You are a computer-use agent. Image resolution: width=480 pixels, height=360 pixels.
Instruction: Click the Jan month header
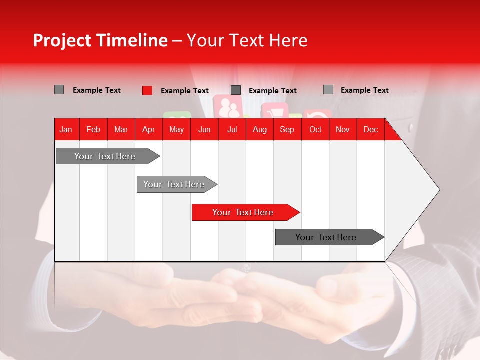point(66,130)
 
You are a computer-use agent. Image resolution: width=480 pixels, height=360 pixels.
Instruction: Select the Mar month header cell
point(121,130)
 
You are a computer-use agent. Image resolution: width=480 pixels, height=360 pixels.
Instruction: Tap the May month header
point(176,130)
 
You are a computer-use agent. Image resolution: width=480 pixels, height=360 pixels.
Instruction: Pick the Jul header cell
point(232,130)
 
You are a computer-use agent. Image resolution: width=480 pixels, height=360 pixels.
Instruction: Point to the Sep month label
point(287,130)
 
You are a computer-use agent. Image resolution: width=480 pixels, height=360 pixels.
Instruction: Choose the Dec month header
point(370,130)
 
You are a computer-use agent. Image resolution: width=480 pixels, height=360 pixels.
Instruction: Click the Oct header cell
point(315,130)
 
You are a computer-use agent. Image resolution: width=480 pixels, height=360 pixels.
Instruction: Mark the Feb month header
point(93,130)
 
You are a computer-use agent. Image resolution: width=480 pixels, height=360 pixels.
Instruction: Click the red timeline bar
point(242,212)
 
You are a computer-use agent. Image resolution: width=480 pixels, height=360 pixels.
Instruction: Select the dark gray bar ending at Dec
point(326,237)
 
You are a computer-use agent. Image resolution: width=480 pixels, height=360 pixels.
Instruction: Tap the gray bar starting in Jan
point(105,156)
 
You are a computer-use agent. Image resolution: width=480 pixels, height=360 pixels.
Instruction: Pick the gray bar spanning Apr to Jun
point(174,184)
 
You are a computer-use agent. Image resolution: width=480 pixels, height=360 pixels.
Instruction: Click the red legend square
point(147,90)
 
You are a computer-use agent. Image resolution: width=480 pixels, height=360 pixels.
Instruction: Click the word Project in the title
point(62,40)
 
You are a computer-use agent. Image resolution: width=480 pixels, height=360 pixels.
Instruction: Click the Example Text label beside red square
point(184,91)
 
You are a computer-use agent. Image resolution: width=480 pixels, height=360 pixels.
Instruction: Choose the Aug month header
point(259,130)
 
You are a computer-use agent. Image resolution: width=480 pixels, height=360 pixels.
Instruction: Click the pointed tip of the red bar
point(298,212)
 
